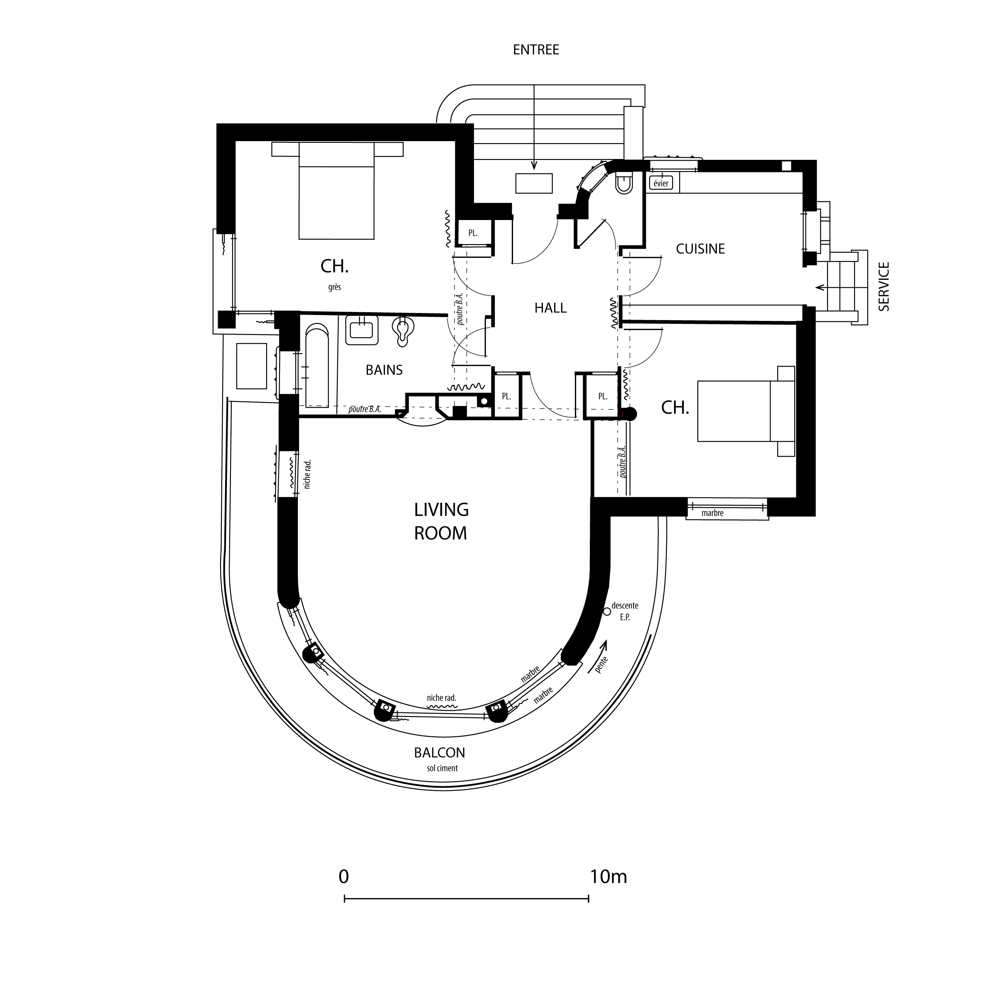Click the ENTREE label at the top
[536, 50]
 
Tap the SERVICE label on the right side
[884, 286]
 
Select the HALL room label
[550, 308]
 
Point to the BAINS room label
[384, 370]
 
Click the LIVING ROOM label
[441, 521]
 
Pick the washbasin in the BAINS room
[361, 330]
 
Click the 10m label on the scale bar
[609, 877]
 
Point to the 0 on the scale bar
[344, 877]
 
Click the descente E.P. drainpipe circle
[606, 612]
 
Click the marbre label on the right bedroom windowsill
[712, 513]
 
